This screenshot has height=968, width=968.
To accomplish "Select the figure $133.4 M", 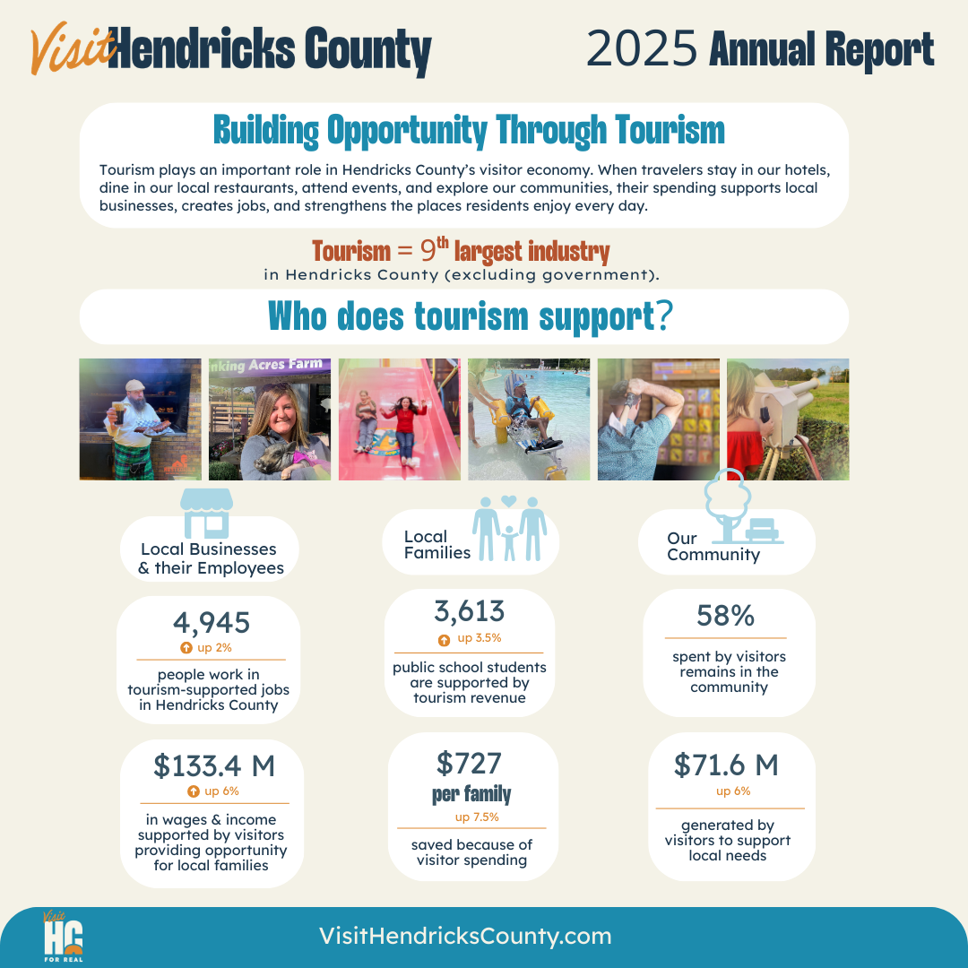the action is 214,765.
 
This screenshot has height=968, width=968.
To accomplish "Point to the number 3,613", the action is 469,611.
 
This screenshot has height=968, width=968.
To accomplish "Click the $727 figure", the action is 469,763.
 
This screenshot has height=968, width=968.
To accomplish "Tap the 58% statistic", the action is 725,616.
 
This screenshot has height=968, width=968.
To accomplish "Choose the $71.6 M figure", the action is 726,765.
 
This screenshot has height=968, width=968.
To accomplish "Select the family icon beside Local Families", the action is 509,528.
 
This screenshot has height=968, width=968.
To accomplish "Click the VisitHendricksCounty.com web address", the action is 465,937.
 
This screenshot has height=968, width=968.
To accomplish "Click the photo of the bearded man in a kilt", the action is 140,419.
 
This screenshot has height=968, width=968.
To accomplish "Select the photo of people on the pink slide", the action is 399,419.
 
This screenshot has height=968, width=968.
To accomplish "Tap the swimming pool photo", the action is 529,419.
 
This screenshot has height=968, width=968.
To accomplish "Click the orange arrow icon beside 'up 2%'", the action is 186,647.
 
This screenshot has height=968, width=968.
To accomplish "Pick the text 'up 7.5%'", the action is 478,817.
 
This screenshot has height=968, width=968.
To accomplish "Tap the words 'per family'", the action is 471,794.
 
